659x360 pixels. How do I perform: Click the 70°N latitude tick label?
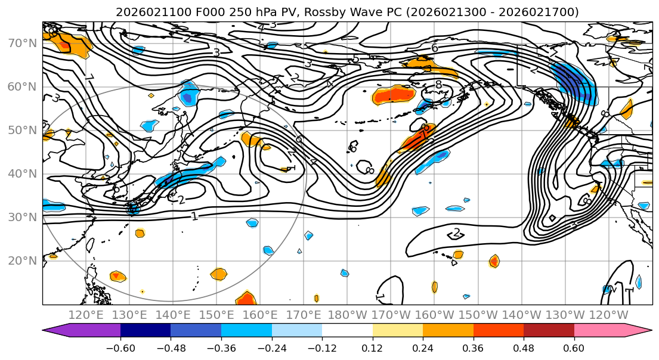[x=21, y=43]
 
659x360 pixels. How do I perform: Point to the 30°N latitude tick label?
[x=21, y=217]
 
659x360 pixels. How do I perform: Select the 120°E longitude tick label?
[x=86, y=315]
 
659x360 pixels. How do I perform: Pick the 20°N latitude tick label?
[x=21, y=260]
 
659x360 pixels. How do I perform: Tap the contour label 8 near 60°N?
[x=438, y=85]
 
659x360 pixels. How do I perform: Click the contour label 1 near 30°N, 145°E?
[x=194, y=216]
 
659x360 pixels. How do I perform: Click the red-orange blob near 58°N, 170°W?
[x=393, y=94]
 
